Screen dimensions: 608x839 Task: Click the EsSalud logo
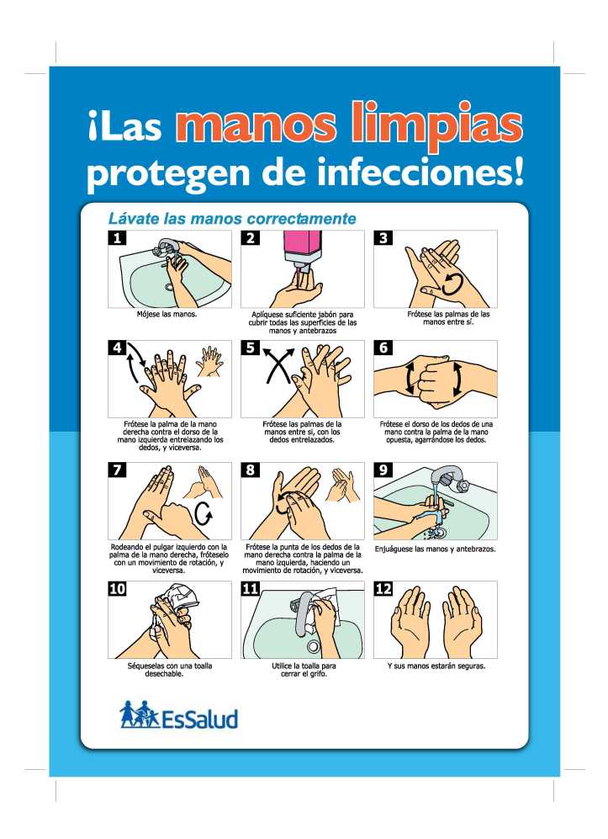click(178, 714)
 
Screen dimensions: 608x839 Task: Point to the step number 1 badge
click(117, 237)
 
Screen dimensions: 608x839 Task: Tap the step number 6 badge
click(383, 348)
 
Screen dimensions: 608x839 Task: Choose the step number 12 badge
click(383, 588)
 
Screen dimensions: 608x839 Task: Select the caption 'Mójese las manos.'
click(167, 314)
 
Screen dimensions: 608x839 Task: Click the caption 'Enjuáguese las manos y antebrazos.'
click(435, 549)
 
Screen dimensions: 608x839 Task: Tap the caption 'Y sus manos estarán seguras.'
click(436, 666)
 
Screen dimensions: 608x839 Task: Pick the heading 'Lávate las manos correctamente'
click(232, 218)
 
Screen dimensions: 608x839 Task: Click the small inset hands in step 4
click(209, 362)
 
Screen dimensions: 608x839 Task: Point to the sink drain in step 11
click(313, 647)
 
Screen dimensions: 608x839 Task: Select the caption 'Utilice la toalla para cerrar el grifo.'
click(304, 670)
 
